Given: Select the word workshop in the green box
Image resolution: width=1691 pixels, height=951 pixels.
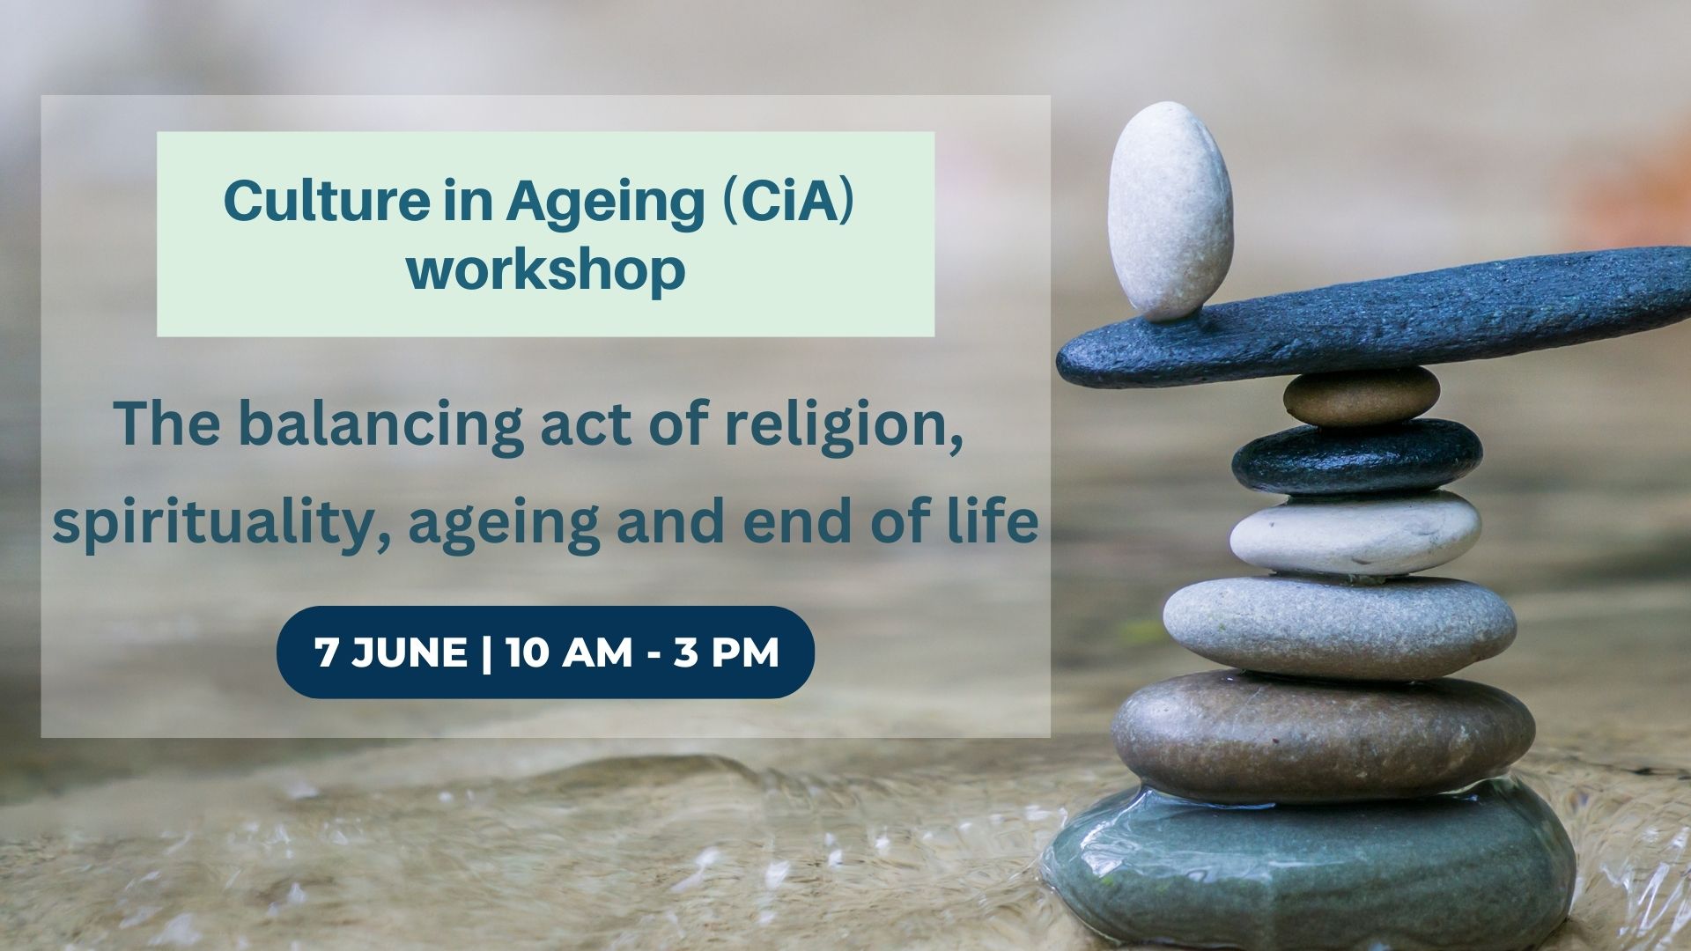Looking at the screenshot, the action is (x=546, y=270).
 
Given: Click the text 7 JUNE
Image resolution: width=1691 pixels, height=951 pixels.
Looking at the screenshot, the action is (x=391, y=652).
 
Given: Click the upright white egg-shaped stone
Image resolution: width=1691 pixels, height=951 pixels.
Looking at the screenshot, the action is (x=1170, y=211).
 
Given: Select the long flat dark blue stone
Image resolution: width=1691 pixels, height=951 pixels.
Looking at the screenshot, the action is (x=1374, y=317).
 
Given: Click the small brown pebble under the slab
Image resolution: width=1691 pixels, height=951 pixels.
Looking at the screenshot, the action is (x=1361, y=397).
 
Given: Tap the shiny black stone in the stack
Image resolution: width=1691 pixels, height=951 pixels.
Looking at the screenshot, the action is (x=1356, y=456).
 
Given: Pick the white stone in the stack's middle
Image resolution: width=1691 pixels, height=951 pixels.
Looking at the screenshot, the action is (x=1355, y=534).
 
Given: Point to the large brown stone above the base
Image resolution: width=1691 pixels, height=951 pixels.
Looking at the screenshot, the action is (x=1323, y=736).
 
